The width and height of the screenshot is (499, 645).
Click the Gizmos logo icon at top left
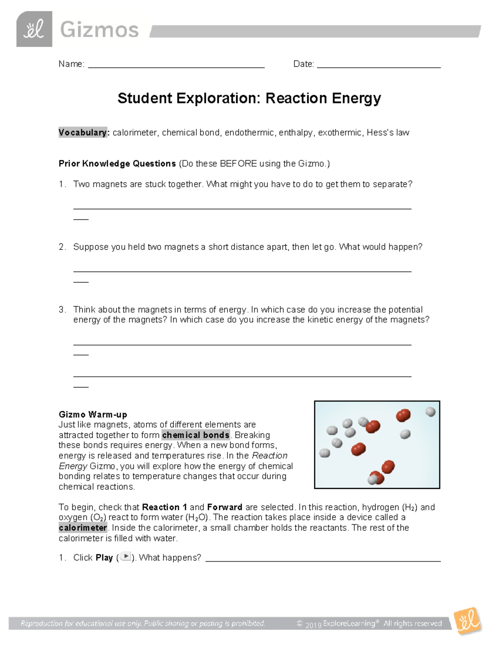34,29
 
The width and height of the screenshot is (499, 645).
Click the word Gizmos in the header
99,30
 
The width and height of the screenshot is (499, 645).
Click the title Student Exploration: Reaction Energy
249,98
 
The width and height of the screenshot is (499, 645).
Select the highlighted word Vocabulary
83,132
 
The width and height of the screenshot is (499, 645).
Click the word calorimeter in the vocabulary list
135,132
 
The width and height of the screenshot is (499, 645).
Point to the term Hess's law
388,132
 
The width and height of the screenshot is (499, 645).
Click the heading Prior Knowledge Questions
117,164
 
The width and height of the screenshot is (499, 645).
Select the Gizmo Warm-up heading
93,414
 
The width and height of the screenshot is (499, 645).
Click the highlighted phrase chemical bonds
196,435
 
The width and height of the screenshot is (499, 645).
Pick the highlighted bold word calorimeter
83,528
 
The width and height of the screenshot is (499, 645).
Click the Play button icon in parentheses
125,557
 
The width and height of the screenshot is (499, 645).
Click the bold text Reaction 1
165,507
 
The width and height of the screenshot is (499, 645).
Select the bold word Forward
225,507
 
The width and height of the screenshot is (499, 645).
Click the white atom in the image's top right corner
430,412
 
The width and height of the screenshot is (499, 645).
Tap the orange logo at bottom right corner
468,622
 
